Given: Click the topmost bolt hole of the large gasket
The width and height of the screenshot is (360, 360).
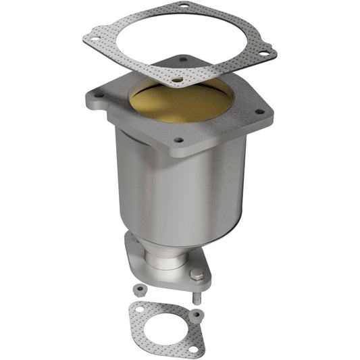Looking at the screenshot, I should point(182,7).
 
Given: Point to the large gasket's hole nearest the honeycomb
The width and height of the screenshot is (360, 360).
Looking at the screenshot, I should point(176,80).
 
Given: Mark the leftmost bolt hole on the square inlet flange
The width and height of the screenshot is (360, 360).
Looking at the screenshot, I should point(99,95).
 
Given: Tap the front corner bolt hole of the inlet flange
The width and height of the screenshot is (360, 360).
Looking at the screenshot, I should point(178,140).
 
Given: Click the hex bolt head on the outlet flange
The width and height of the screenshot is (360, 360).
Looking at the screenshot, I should point(197,276).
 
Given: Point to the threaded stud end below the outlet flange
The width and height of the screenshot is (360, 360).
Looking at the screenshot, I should point(195,297).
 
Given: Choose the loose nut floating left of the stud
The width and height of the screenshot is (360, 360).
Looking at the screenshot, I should point(138,288).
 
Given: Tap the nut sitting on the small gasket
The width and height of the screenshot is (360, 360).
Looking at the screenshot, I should point(195,314).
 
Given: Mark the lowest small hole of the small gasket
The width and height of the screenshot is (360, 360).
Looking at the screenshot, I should point(192,349).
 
